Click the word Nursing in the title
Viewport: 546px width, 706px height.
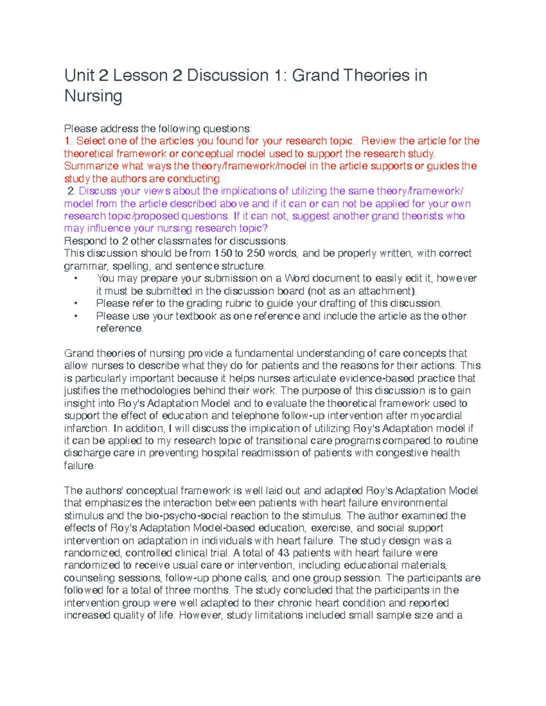coord(93,96)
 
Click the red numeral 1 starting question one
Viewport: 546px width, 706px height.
coord(67,141)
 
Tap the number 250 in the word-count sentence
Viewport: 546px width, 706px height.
coord(255,253)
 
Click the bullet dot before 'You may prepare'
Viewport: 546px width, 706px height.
coord(76,278)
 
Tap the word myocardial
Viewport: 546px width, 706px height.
coord(436,416)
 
